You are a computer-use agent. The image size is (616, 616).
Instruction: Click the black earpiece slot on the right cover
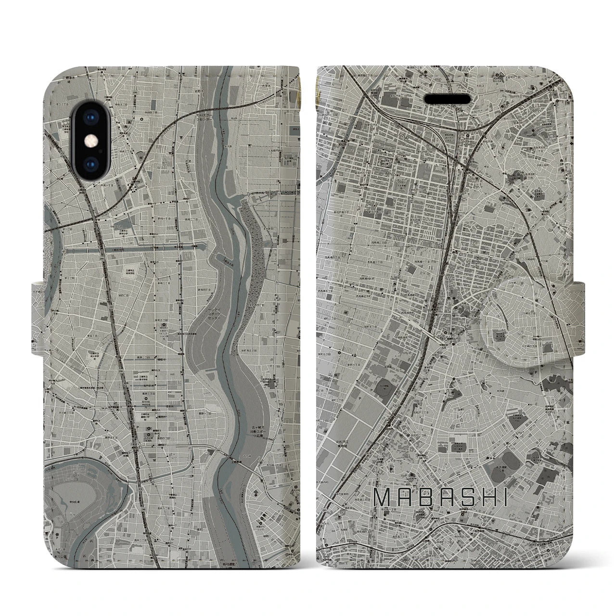pyautogui.click(x=448, y=98)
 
